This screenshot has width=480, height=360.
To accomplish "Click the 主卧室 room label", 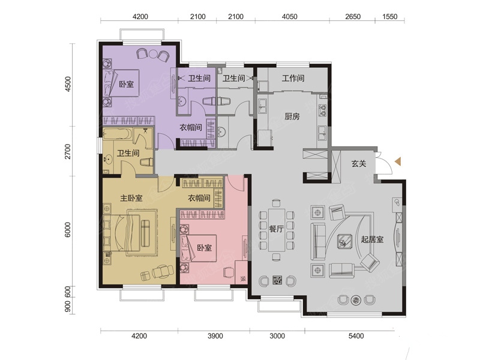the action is [x=131, y=198].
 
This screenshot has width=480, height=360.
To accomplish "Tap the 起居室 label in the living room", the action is [x=372, y=239].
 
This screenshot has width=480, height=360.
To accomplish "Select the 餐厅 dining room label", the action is [x=276, y=229].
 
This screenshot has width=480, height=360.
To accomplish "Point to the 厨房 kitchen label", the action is [x=292, y=116].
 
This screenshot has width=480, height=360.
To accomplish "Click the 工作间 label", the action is [x=293, y=78].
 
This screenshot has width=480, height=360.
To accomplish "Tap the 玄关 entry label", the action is [x=358, y=163].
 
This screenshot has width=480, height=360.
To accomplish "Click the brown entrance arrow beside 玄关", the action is [x=398, y=161].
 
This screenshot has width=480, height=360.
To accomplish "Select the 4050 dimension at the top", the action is [x=289, y=16].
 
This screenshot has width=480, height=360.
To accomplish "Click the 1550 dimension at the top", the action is [x=389, y=16].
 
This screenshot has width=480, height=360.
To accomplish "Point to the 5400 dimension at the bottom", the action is [x=356, y=336].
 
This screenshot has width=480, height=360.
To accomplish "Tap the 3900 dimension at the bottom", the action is [x=215, y=336].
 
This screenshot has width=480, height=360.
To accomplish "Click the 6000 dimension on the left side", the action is [x=68, y=230].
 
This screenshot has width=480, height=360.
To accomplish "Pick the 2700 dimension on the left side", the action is [x=68, y=152].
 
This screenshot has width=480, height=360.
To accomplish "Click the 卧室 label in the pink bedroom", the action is [x=204, y=247].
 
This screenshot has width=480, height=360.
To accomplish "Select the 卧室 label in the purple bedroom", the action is [x=126, y=84].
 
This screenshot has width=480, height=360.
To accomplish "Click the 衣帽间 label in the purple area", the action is [x=190, y=127].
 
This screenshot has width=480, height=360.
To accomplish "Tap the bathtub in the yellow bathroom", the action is [x=118, y=134].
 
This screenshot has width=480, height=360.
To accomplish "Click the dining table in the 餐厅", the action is [x=277, y=230].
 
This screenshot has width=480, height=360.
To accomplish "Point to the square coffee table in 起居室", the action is [x=344, y=241].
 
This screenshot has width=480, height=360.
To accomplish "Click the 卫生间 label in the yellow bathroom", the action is [x=128, y=153].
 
